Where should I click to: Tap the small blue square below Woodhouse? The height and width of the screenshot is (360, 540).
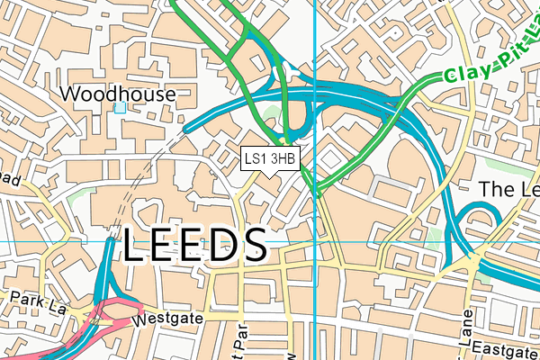click(x=120, y=108)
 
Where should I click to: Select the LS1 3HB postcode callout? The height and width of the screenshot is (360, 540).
click(x=270, y=158)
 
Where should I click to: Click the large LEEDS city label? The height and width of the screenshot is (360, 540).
click(x=194, y=245)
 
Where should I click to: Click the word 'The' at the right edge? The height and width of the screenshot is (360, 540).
click(x=498, y=189)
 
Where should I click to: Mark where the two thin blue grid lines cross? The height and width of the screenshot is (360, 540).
click(x=314, y=242)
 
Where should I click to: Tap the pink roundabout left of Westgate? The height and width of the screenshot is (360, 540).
click(x=102, y=319)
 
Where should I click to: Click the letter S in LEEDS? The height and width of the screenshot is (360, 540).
click(x=254, y=245)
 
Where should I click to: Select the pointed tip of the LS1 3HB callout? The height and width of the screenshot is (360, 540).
click(x=270, y=176)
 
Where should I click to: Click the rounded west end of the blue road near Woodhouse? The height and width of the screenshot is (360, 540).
click(x=187, y=130)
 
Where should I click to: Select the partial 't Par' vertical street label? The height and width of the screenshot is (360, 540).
click(x=239, y=342)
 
